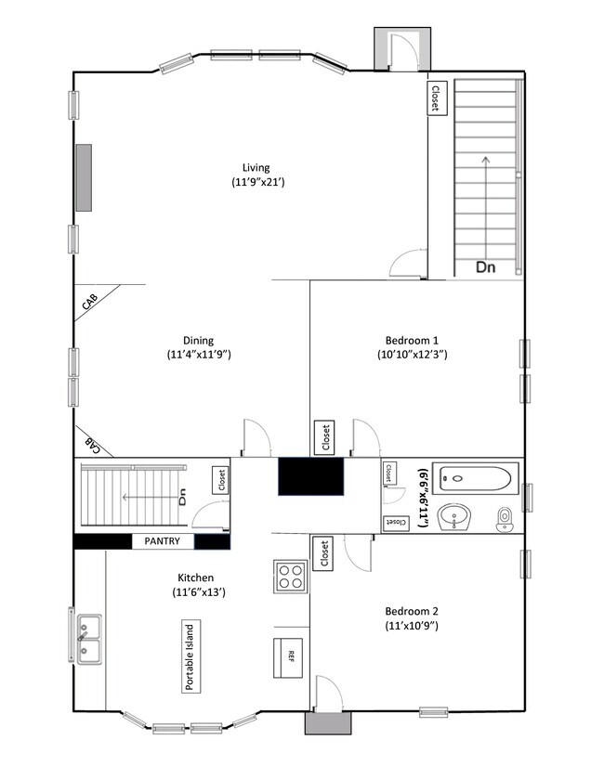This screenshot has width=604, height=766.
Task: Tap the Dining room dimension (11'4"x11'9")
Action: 199,355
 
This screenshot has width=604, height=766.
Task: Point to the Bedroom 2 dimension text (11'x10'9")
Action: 413,626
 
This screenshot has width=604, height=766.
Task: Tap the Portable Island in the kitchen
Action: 189,656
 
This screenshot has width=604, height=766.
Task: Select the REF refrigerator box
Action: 290,656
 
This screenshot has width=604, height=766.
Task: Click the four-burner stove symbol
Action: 289,577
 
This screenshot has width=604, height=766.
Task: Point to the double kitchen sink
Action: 90,640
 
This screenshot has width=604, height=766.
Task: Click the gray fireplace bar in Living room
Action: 85,176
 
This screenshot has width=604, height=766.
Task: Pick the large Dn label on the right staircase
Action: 486,267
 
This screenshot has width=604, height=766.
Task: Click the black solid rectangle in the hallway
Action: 310,477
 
